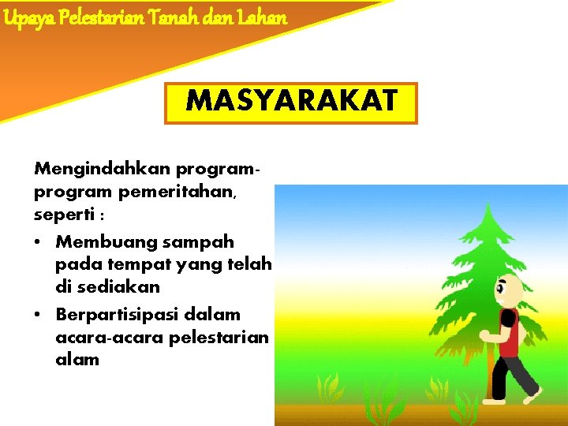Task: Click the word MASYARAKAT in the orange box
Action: click(290, 103)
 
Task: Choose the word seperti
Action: click(62, 214)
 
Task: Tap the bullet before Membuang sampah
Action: click(39, 241)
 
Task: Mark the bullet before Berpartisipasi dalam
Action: click(39, 314)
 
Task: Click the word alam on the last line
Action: click(77, 360)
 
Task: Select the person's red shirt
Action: click(510, 334)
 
